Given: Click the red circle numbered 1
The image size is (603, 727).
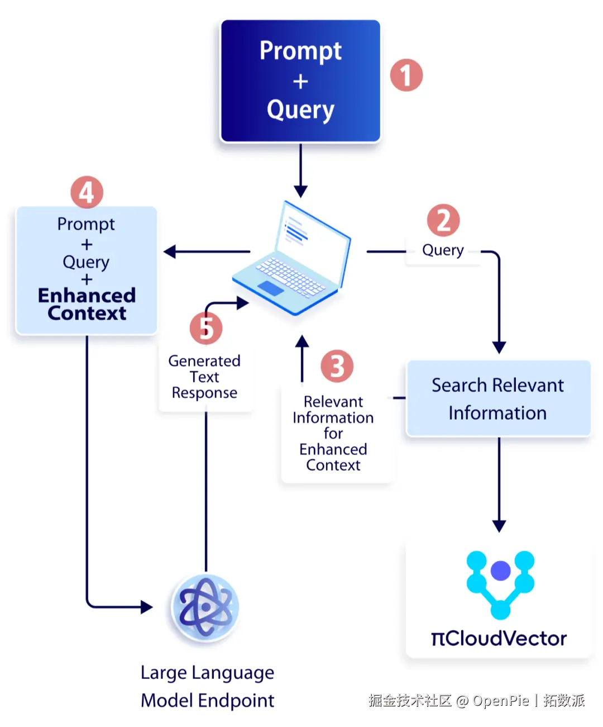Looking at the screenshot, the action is coord(406,75).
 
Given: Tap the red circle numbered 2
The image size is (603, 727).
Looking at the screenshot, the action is coord(443,220).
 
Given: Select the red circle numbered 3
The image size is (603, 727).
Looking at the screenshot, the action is coord(337,366).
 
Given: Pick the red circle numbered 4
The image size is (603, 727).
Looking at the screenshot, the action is coord(87,192).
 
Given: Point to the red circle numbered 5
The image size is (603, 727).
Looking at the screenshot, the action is coord(206,328).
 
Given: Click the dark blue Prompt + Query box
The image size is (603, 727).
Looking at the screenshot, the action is coord(300,81).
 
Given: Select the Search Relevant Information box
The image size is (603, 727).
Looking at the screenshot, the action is coord(499,398).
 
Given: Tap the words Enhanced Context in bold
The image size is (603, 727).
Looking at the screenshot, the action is coord(87,304).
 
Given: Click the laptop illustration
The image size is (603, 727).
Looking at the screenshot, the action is coord(291,258).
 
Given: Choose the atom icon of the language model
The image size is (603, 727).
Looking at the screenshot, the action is coord(205,607).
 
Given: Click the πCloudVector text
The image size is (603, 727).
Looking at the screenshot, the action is coord(499,639).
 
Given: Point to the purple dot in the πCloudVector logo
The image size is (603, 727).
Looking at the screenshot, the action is coord(500,571).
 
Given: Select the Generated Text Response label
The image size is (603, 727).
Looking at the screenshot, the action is coord(204,377).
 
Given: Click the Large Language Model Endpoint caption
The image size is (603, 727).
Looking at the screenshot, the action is coord(207,686).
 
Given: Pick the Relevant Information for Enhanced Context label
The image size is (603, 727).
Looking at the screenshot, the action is coord(333,433).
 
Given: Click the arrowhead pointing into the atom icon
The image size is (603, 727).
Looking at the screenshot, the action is coord(146,607).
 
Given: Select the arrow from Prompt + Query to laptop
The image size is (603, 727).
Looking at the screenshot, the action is coord(300,170).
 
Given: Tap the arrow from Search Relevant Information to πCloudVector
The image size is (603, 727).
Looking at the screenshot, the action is coord(499,484).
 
